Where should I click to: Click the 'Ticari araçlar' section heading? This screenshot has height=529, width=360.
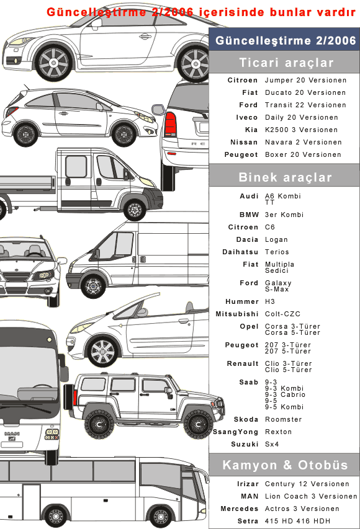point(286,63)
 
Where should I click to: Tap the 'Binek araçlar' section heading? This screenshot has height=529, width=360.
point(286,177)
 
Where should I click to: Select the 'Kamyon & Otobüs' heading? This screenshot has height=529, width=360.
point(285,465)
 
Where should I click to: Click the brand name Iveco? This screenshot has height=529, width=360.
point(247,117)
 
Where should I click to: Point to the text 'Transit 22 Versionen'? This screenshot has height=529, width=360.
point(305,105)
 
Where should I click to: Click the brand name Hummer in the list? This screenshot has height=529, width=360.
point(242,301)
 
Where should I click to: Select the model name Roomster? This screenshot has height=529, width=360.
point(283,419)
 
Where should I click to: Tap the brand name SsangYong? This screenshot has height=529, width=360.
point(236,432)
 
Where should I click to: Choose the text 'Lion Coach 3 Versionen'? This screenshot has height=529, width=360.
point(311,496)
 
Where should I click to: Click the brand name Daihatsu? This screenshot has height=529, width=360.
point(240,252)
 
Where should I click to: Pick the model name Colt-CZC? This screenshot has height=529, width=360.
point(282,314)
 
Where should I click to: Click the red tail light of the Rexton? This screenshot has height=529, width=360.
point(171,124)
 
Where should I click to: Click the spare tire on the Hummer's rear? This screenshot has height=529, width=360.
point(70,398)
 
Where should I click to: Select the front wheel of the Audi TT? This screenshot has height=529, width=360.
point(54,63)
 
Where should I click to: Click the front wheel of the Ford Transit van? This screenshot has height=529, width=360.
point(93,287)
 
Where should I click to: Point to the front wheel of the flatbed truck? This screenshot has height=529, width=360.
point(135,209)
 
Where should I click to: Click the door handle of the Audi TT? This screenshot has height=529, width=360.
point(145,37)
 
